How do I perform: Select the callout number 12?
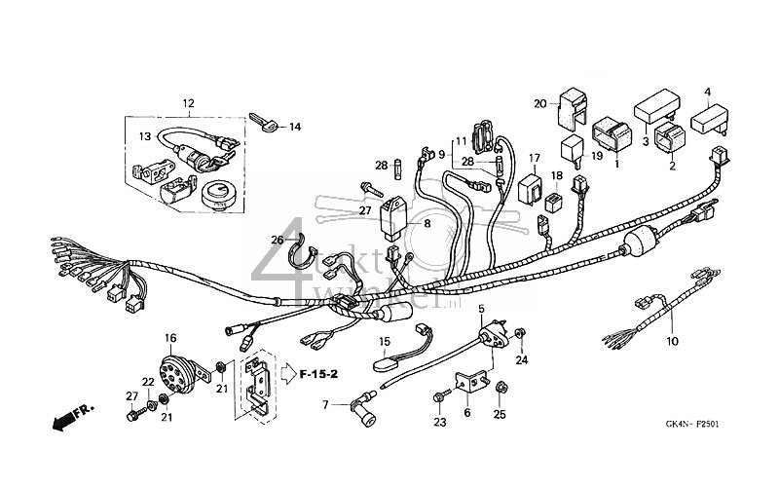coord(188,103)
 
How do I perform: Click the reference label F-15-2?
coord(318,371)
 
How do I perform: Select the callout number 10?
coord(671,342)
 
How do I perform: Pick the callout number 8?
coord(426,224)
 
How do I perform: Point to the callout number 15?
coord(384,341)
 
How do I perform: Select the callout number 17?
coord(535,157)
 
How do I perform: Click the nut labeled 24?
coord(522,336)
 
